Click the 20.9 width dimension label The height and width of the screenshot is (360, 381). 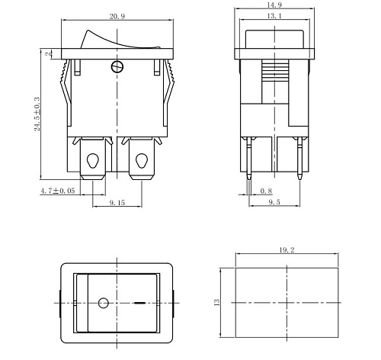coord(117,17)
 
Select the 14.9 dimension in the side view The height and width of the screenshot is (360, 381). coord(275,7)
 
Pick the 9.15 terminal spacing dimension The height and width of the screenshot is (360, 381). coord(117,204)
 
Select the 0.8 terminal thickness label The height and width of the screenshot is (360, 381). coord(266,191)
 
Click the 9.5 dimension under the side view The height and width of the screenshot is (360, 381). coord(275,204)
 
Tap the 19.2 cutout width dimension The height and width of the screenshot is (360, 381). coord(287,249)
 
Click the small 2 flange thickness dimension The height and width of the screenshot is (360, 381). coord(47,54)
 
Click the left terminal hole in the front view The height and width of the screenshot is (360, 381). coord(93,161)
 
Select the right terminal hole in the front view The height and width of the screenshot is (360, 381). coord(141,161)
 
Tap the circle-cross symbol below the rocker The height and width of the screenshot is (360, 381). coord(117,66)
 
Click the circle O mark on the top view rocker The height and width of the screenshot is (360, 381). coord(103,304)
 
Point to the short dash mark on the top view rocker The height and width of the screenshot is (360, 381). coord(139,304)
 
